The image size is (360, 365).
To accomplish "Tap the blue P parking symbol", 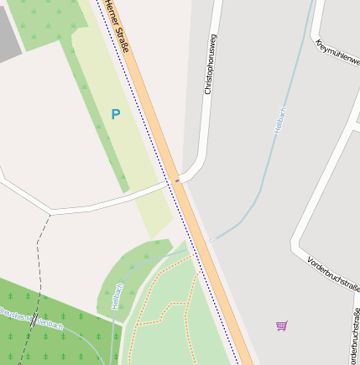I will [115, 114].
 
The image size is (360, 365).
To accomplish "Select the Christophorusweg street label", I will [209, 63].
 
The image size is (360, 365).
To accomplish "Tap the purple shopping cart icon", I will [282, 326].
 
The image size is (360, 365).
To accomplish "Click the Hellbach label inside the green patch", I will [117, 297].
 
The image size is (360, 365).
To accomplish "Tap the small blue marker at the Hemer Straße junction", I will [177, 179].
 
